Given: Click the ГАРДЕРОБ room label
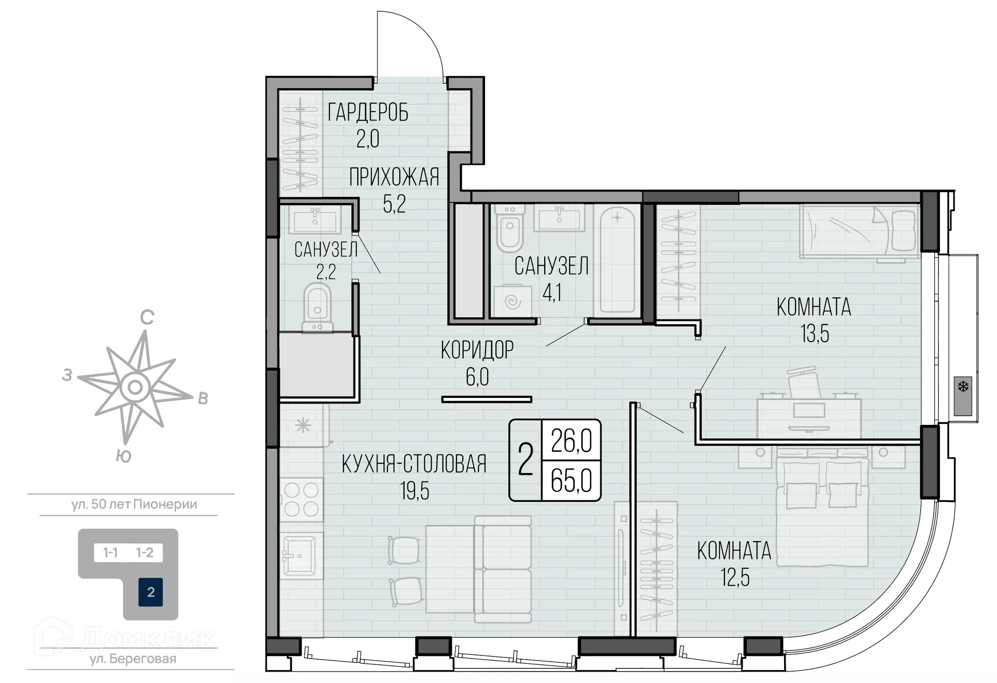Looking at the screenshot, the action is [368, 112].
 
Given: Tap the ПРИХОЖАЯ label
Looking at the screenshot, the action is [394, 177].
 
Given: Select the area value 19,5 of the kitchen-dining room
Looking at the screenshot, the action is [414, 490].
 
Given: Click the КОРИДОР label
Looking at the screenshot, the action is [477, 350].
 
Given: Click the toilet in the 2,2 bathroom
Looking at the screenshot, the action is [317, 307].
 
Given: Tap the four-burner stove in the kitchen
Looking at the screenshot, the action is [301, 499].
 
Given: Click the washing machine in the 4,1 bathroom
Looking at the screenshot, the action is [513, 301].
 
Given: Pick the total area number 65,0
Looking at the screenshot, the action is [571, 480].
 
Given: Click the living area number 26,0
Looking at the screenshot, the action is [571, 441].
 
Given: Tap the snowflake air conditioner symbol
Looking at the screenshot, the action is [963, 387].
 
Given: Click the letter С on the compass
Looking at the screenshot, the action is [147, 317].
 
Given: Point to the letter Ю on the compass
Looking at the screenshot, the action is [123, 457].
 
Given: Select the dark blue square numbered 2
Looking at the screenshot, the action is [151, 592].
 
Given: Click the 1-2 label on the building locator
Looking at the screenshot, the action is [145, 553].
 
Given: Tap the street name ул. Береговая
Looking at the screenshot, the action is [133, 659].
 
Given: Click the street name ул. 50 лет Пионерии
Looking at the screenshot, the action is [134, 504].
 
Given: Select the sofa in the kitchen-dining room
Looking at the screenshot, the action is [503, 569].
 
